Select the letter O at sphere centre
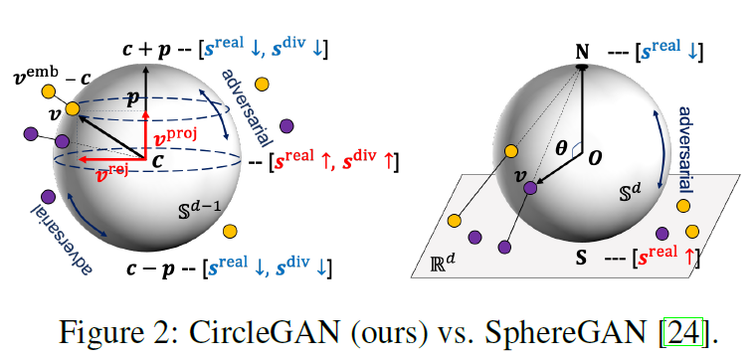pos(596,156)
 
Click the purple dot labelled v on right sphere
pos(530,187)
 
